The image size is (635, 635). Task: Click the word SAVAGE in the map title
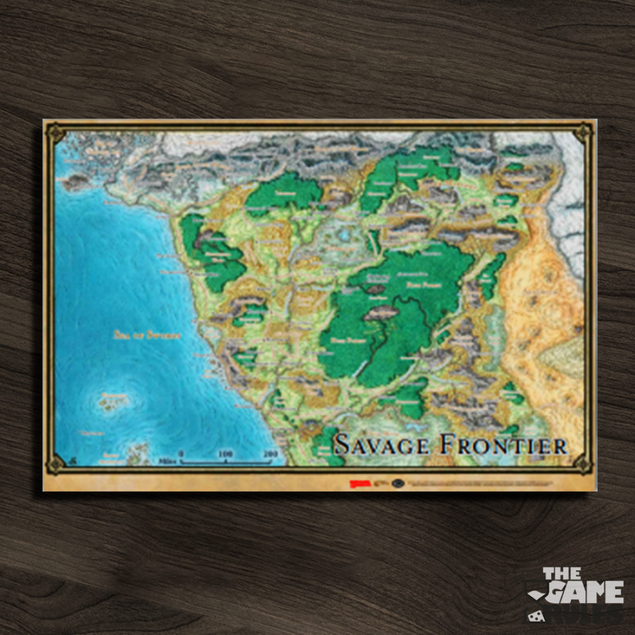[382, 444]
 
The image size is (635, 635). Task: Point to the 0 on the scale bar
[180, 454]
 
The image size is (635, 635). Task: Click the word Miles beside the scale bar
[167, 462]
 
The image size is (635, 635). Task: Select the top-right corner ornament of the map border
[583, 133]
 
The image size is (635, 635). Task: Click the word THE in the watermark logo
[562, 574]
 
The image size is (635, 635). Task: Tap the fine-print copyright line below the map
[492, 482]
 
